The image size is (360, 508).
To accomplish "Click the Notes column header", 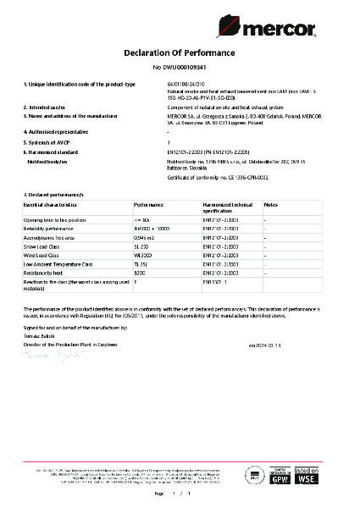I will [271, 206].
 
